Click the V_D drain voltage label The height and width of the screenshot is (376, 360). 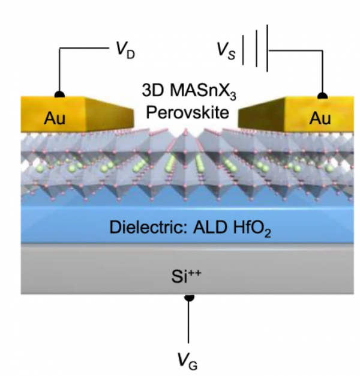coord(125,50)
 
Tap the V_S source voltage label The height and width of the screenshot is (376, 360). coord(226,51)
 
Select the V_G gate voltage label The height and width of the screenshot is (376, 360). coord(188,361)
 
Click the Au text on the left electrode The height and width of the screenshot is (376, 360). coord(55,118)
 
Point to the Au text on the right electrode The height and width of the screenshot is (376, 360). coord(320,118)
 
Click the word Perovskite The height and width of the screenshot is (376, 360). coord(188,112)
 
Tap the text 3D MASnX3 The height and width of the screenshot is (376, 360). coord(189,91)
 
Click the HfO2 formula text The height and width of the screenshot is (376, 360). coord(252,228)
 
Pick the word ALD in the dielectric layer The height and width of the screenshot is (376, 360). coord(210,227)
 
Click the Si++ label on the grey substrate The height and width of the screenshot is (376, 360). coord(187,276)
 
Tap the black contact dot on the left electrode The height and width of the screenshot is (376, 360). coord(59,94)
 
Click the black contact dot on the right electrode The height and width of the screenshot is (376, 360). coord(322,96)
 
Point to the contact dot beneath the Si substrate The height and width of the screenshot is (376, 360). coord(189,297)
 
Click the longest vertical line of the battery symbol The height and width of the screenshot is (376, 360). coord(267,48)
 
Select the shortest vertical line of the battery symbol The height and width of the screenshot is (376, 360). coord(242,50)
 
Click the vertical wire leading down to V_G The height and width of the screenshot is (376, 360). coord(188,322)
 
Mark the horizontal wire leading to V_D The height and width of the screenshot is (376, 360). coord(84,48)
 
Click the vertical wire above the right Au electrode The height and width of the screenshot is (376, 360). coord(322,71)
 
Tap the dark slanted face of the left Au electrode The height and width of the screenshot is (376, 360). coord(109,115)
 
